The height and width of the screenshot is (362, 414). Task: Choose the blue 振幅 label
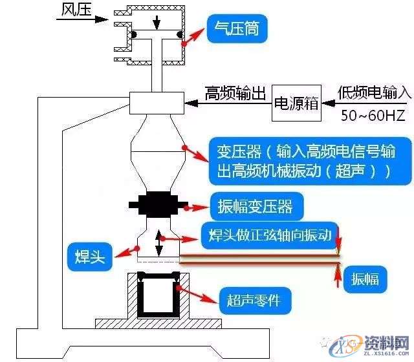(x=369, y=279)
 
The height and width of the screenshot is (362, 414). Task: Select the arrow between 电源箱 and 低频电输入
(x=329, y=102)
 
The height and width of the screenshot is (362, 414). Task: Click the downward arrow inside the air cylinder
(x=156, y=23)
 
